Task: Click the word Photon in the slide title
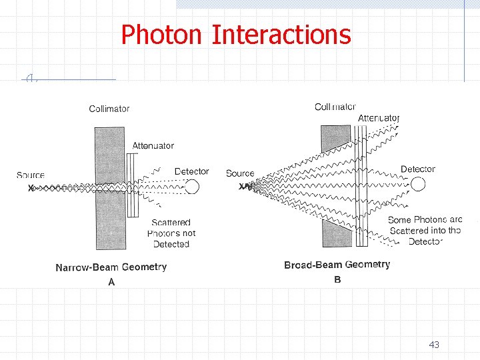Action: point(162,34)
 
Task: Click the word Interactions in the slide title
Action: point(281,34)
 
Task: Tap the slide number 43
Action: point(434,345)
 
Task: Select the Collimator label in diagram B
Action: point(335,107)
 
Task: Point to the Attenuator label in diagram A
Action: point(153,145)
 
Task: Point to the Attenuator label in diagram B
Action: point(378,118)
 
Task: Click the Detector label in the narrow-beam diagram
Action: point(191,171)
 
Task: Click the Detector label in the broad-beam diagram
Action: point(417,169)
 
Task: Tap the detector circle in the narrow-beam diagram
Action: point(192,187)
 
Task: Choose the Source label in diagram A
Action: point(31,175)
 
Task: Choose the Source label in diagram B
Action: point(240,173)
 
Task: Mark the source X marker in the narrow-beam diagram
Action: point(31,188)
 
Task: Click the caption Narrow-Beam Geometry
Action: point(111,267)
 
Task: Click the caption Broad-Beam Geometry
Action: point(337,265)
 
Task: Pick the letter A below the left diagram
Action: point(111,282)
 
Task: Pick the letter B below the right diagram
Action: point(337,279)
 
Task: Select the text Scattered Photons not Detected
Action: point(171,233)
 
